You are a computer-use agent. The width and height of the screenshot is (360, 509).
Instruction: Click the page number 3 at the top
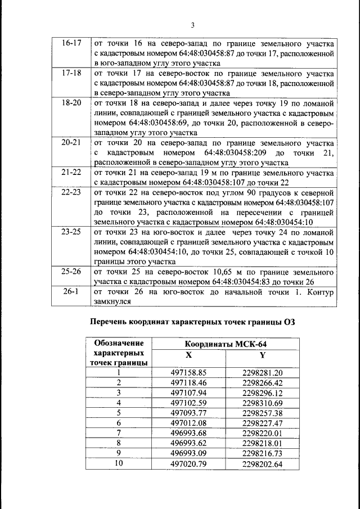coord(192,25)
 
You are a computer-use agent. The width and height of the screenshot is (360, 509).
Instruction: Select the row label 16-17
coord(71,43)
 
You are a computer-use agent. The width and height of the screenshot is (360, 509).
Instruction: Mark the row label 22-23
coord(71,193)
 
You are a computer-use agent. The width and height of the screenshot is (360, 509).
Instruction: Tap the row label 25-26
coord(71,271)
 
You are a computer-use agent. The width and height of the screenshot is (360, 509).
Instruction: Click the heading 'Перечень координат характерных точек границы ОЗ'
coord(192,322)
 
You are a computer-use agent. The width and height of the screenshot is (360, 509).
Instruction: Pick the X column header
coord(188,355)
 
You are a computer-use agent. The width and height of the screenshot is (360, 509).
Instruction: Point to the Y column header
coord(262,355)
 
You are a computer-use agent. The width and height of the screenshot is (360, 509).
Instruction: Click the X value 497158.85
coord(189,372)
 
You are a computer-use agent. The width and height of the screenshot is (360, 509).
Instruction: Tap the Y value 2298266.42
coord(262,382)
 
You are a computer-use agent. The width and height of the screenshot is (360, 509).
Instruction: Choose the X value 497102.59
coord(189,403)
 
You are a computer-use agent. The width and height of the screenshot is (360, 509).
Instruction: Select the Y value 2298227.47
coord(262,423)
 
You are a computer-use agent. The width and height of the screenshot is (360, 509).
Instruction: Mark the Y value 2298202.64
coord(262,463)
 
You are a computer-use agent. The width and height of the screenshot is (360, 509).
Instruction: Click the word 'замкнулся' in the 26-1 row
coord(112,301)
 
